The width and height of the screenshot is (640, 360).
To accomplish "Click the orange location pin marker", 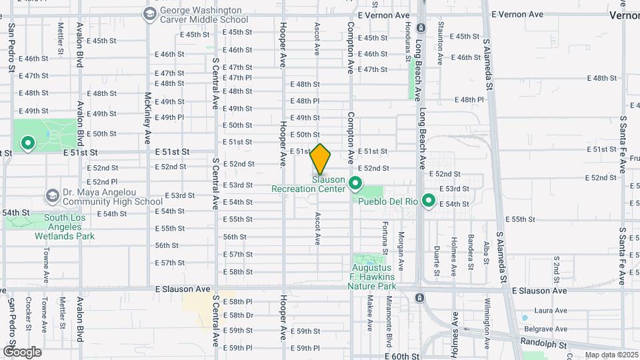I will [321, 159].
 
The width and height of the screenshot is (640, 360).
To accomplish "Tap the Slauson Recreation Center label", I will [309, 184].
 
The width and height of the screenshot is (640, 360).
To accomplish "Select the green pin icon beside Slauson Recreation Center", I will [356, 183].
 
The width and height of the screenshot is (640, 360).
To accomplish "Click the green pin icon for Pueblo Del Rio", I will [429, 200].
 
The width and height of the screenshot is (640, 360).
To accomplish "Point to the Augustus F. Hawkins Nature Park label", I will [371, 277].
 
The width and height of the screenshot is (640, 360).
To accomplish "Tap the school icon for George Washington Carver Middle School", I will [149, 13].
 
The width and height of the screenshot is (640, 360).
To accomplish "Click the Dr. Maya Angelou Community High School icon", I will [52, 196].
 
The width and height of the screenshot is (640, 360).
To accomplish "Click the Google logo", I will [22, 351].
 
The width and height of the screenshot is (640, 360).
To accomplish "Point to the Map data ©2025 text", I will [611, 355].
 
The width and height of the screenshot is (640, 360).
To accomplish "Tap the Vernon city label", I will [624, 15].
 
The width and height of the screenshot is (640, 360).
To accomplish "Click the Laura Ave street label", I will [551, 311].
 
